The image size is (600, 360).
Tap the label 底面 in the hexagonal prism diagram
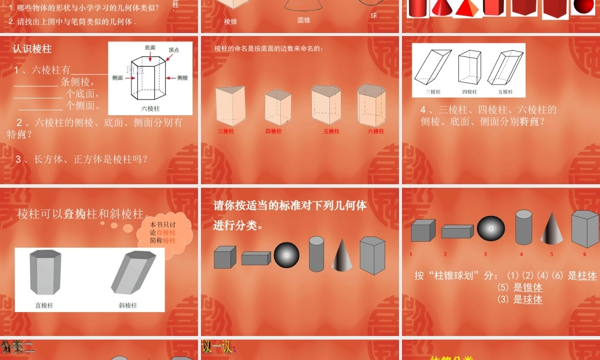(x=150, y=47)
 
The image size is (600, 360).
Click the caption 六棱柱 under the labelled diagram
(x=150, y=109)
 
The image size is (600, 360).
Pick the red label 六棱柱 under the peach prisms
(x=376, y=131)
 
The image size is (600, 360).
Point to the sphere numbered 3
(x=491, y=228)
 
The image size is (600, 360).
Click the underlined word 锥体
(x=532, y=287)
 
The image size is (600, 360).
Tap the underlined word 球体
(x=532, y=299)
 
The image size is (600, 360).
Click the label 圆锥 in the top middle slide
(x=304, y=20)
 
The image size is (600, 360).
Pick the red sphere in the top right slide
(x=582, y=7)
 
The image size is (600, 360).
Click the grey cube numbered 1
(x=423, y=230)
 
